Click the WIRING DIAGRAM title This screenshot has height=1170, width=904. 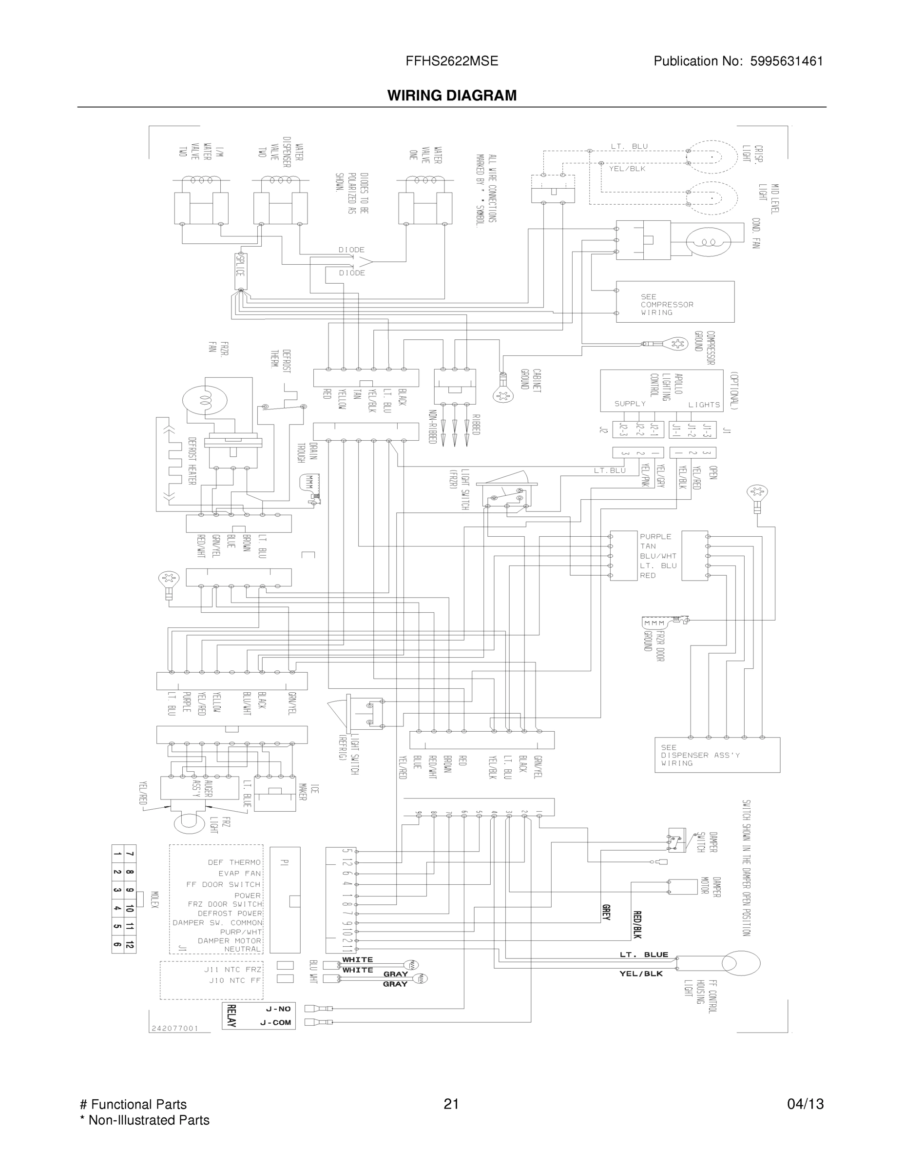[452, 96]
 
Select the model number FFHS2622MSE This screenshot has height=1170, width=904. [452, 61]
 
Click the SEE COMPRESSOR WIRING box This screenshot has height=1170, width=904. [675, 302]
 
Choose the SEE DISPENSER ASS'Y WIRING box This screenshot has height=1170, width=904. [716, 755]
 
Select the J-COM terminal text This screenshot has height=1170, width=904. [275, 1023]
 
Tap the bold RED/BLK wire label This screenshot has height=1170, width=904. [637, 925]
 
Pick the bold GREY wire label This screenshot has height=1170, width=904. [606, 912]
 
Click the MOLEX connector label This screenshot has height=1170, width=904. [154, 899]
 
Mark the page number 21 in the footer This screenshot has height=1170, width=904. [451, 1104]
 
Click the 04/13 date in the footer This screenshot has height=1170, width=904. [805, 1104]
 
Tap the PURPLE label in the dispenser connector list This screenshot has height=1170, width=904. [655, 536]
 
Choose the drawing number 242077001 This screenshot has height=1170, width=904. [175, 1028]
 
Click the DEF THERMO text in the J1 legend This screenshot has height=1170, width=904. [234, 862]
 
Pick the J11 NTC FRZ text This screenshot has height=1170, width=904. [232, 969]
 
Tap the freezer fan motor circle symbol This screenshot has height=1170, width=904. [205, 400]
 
